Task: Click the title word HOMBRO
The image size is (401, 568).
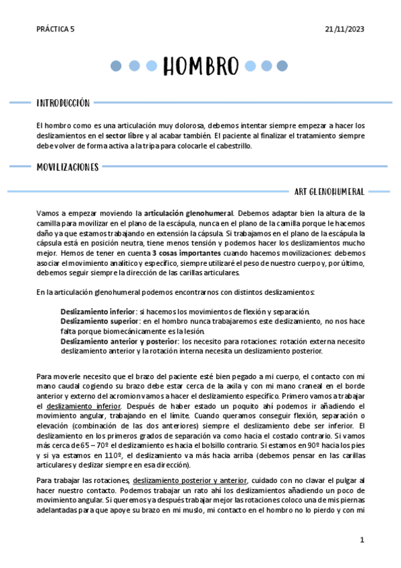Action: (200, 66)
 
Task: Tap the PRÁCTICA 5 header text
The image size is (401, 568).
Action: (56, 29)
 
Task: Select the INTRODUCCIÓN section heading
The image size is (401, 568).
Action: (63, 103)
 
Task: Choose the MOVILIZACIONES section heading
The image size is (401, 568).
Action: (68, 167)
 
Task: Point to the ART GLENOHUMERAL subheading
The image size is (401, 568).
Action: (329, 192)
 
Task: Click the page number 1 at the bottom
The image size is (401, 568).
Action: (362, 540)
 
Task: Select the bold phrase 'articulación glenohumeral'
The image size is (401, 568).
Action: (189, 213)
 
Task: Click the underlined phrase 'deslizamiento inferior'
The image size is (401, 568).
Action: (84, 407)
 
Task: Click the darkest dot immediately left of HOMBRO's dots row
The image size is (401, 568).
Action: (116, 66)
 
